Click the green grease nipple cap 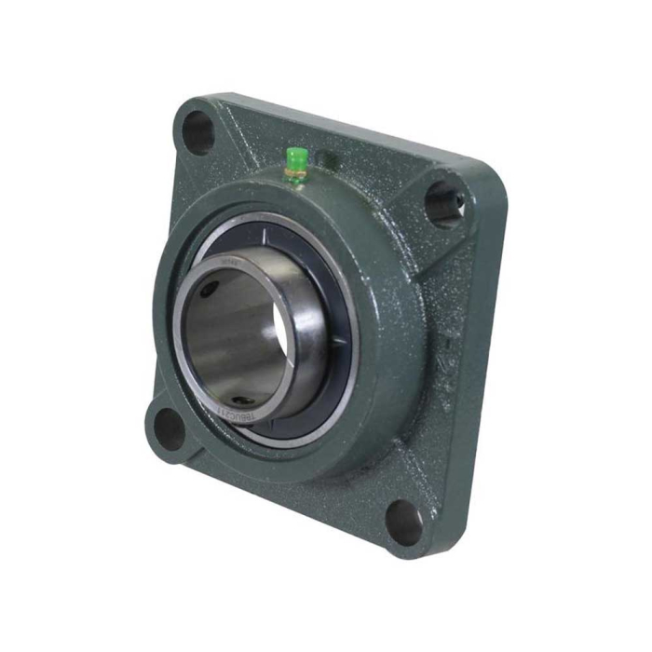tap(297, 156)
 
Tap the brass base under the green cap tap(297, 170)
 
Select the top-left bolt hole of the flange tap(198, 131)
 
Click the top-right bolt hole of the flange tap(444, 202)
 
